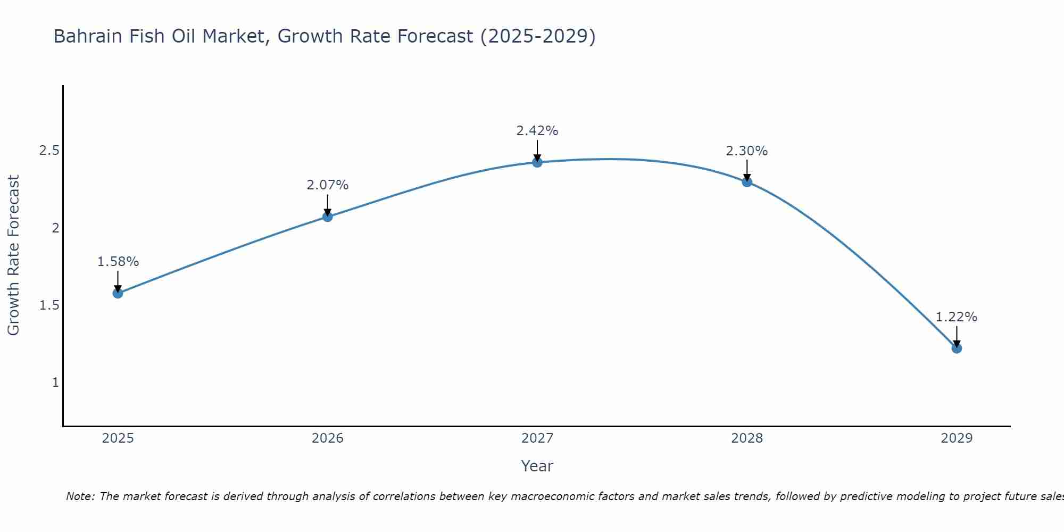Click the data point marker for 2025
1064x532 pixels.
coord(118,293)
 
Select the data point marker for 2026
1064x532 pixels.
coord(328,217)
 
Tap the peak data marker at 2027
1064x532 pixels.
coord(537,162)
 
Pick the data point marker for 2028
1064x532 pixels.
coord(747,182)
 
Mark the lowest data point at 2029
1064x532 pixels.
coord(957,348)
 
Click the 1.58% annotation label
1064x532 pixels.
coord(118,262)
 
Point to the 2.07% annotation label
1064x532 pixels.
coord(328,185)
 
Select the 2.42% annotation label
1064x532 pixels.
coord(537,131)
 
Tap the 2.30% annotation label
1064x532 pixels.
coord(747,151)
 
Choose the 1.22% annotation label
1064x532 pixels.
coord(957,317)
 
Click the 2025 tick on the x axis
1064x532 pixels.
coord(118,438)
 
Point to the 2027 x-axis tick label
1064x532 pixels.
coord(537,438)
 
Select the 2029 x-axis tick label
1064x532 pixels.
coord(957,438)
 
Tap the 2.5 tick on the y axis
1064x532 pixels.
coord(49,151)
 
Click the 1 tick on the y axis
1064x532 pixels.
coord(55,383)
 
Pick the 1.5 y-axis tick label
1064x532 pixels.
coord(49,305)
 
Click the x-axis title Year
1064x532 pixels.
coord(537,466)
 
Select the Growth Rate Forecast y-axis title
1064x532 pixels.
coord(13,255)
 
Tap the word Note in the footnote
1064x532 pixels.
coord(80,496)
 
